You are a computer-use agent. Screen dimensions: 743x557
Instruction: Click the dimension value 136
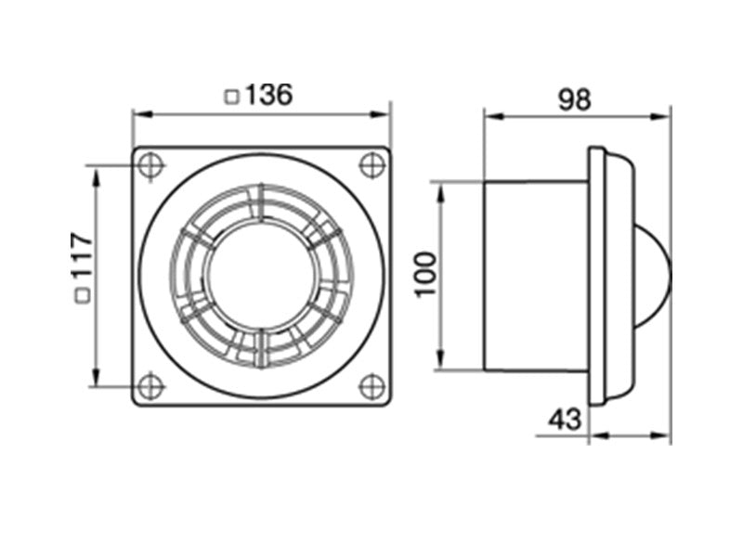269,95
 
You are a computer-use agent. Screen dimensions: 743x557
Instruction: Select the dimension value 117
81,255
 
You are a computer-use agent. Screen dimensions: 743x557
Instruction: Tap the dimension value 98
574,100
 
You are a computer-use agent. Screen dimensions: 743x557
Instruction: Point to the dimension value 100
425,275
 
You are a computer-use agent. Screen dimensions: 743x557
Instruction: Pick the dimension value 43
565,420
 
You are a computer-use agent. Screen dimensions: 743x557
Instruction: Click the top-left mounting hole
150,165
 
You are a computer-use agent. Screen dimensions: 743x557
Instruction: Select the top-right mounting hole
372,165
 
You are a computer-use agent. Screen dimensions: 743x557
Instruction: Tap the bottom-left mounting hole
150,386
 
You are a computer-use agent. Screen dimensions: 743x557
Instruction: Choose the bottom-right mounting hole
372,386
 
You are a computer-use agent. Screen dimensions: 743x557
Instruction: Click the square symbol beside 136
231,97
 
